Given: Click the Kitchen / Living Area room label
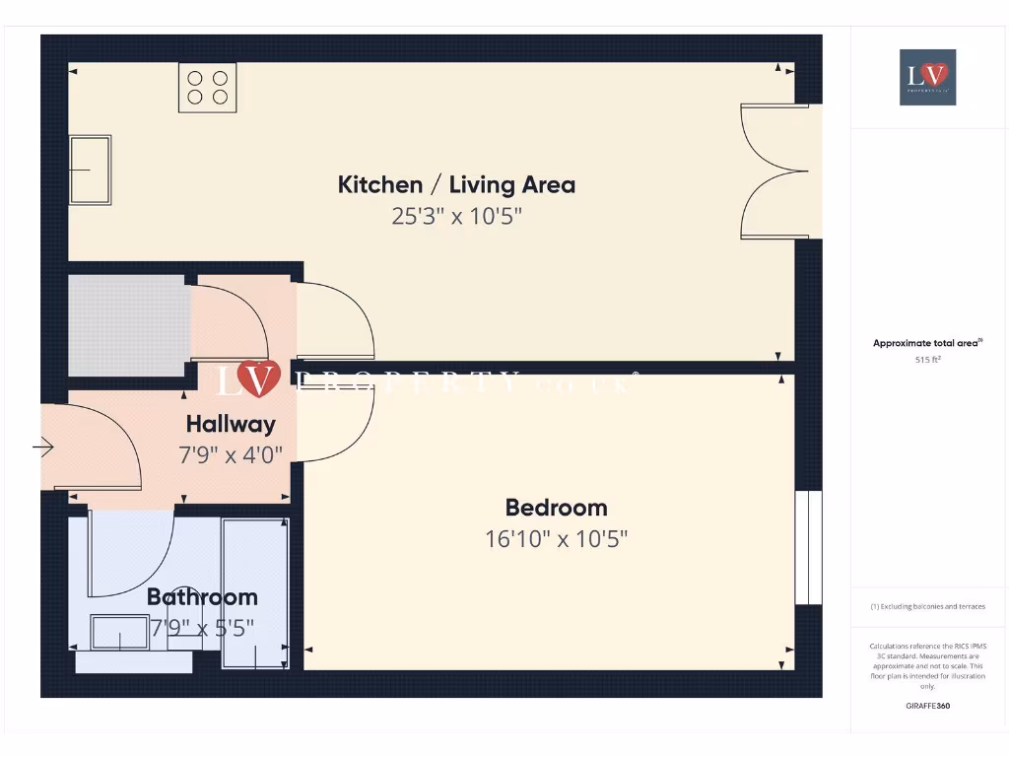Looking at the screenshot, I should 456,184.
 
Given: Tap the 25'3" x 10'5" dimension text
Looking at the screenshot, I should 456,216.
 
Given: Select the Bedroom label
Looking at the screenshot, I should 556,508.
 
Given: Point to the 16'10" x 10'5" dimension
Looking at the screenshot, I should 556,539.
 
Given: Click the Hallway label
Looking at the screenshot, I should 231,425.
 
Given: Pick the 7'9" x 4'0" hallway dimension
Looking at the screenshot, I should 231,455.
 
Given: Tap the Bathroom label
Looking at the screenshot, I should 202,596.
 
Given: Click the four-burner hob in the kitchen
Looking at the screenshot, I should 208,86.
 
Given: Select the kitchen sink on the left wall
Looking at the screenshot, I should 90,170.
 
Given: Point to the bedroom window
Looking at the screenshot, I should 808,547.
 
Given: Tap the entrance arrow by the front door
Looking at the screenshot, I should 44,448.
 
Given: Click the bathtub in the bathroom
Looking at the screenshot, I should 253,594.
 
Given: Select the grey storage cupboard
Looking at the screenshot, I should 128,325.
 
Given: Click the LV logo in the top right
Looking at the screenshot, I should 927,77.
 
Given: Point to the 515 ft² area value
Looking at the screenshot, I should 927,361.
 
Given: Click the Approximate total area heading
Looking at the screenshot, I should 927,343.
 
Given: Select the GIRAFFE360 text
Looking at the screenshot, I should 927,706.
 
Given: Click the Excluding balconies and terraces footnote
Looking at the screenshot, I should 927,607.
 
